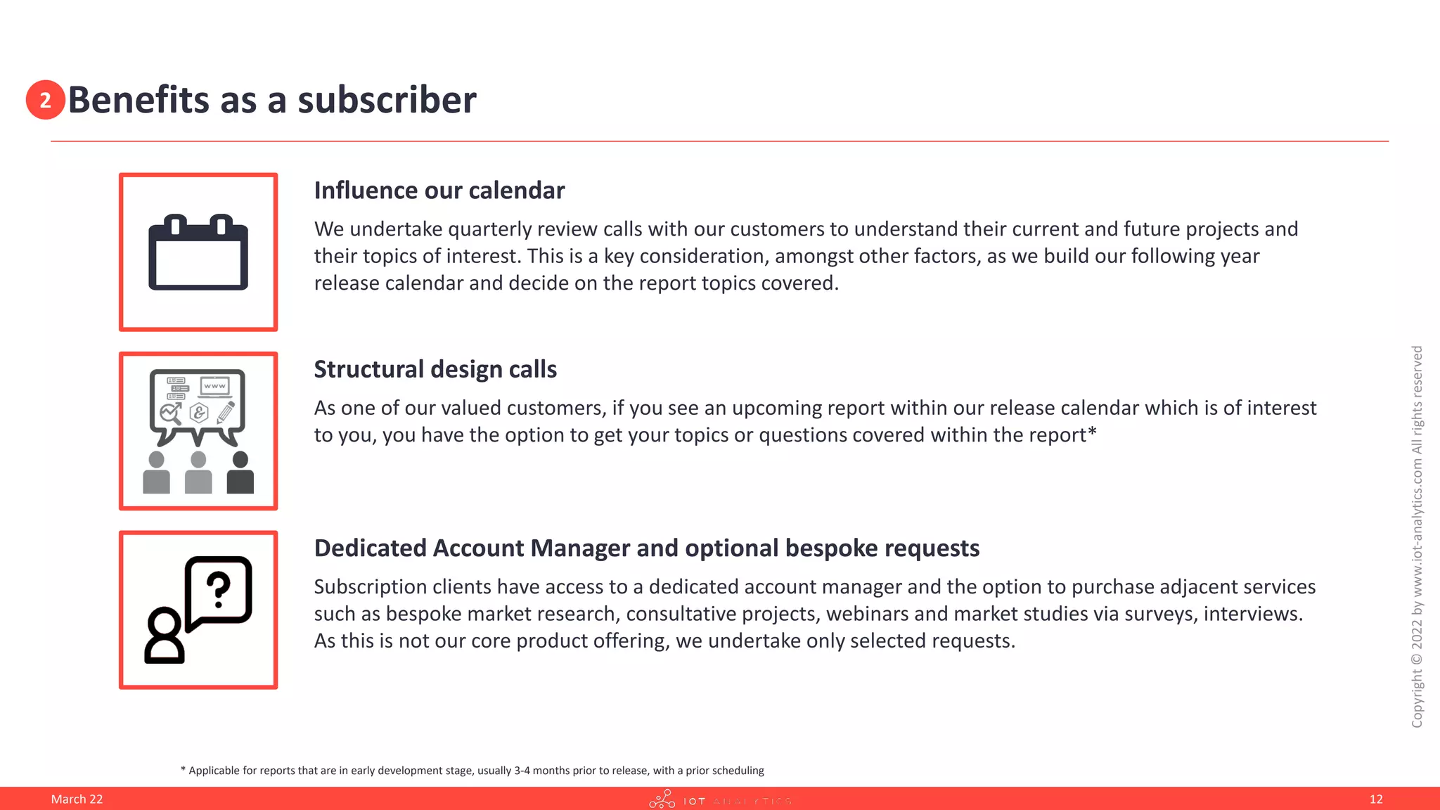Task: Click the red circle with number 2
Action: [x=45, y=100]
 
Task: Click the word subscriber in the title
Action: [x=387, y=100]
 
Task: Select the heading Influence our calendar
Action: [x=439, y=191]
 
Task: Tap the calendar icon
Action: [x=198, y=252]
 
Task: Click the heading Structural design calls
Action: [x=435, y=369]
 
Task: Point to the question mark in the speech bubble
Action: [x=219, y=589]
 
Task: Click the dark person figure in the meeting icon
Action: [x=240, y=473]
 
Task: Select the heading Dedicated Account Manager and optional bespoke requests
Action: [x=646, y=548]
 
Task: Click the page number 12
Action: [x=1376, y=799]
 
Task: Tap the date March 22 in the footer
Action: [x=77, y=799]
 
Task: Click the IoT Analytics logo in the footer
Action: [x=720, y=800]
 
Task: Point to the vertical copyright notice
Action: [x=1417, y=536]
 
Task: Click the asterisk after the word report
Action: [x=1092, y=432]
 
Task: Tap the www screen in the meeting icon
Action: [x=214, y=386]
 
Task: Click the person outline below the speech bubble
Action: [x=165, y=636]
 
